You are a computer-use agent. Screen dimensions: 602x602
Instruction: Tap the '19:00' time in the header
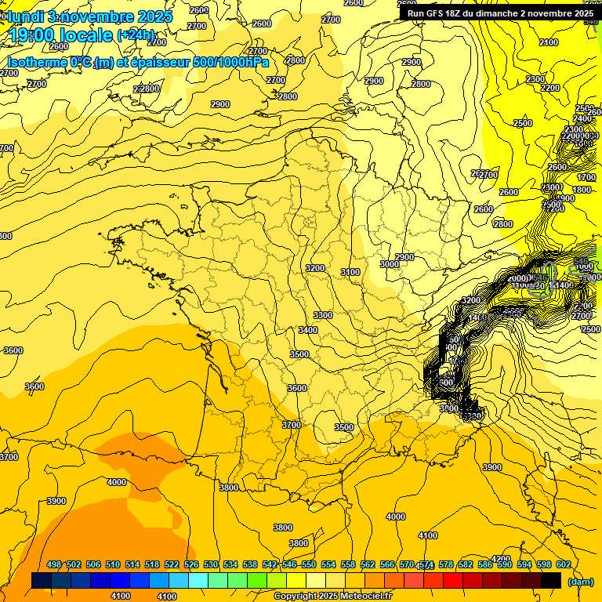click(x=34, y=35)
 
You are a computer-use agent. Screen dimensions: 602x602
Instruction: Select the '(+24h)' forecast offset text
click(x=136, y=35)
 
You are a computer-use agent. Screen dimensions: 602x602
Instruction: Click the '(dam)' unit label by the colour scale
click(x=580, y=582)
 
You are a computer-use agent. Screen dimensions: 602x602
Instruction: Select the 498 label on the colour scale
click(x=54, y=565)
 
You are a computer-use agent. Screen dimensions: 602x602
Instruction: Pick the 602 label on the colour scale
click(x=563, y=565)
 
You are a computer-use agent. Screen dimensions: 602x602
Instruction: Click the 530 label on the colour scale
click(x=211, y=565)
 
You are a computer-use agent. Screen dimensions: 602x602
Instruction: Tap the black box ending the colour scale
click(x=551, y=581)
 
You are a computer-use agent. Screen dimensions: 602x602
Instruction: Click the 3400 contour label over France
click(x=308, y=330)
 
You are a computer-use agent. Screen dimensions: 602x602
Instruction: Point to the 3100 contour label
click(x=350, y=272)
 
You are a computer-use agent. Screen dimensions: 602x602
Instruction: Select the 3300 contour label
click(x=322, y=315)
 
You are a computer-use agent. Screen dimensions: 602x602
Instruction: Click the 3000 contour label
click(x=389, y=265)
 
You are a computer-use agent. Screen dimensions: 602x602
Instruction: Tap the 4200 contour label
click(x=501, y=560)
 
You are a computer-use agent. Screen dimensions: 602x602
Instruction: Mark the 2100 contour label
click(x=549, y=43)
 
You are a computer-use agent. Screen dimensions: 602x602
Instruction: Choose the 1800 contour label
click(x=582, y=190)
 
